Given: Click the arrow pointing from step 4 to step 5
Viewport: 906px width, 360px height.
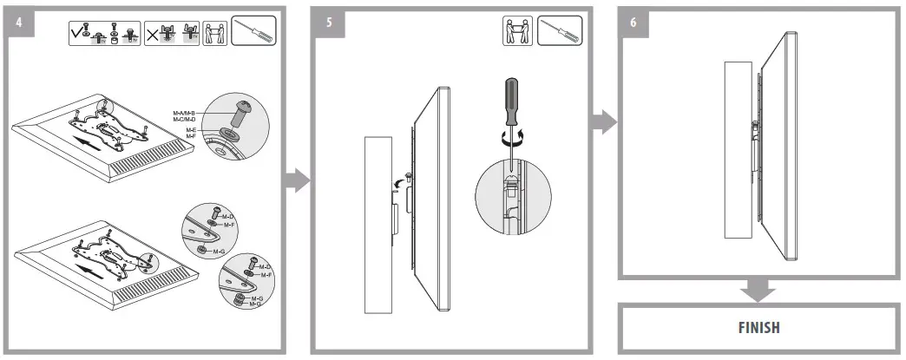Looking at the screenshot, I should tap(297, 180).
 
